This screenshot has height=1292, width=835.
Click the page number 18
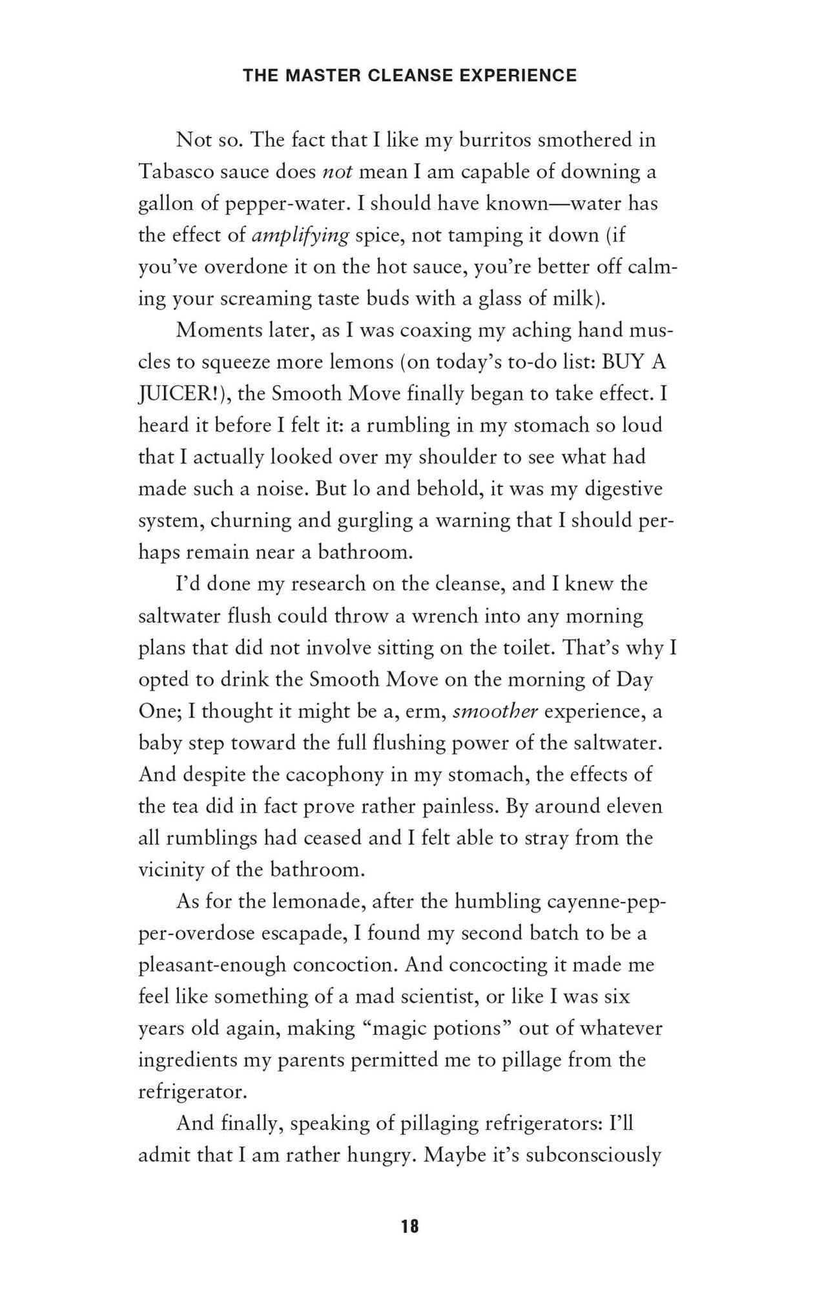click(x=409, y=1226)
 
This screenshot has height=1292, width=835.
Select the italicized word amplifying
click(x=300, y=235)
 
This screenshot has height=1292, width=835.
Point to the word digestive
click(x=623, y=489)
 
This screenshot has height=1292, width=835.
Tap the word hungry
click(x=378, y=1156)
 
